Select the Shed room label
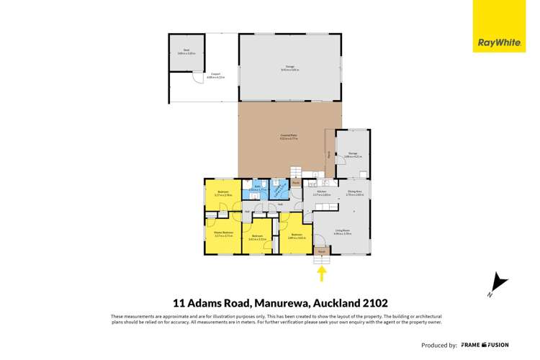coord(186,51)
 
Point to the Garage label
coord(289,68)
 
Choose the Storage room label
coord(352,154)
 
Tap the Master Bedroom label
coord(223,233)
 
